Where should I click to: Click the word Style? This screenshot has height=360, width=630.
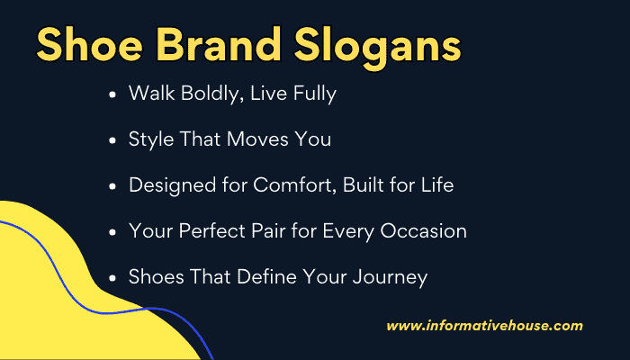tap(151, 139)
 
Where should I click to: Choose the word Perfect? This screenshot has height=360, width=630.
tap(205, 231)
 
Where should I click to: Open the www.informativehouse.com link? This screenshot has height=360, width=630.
tap(484, 326)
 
